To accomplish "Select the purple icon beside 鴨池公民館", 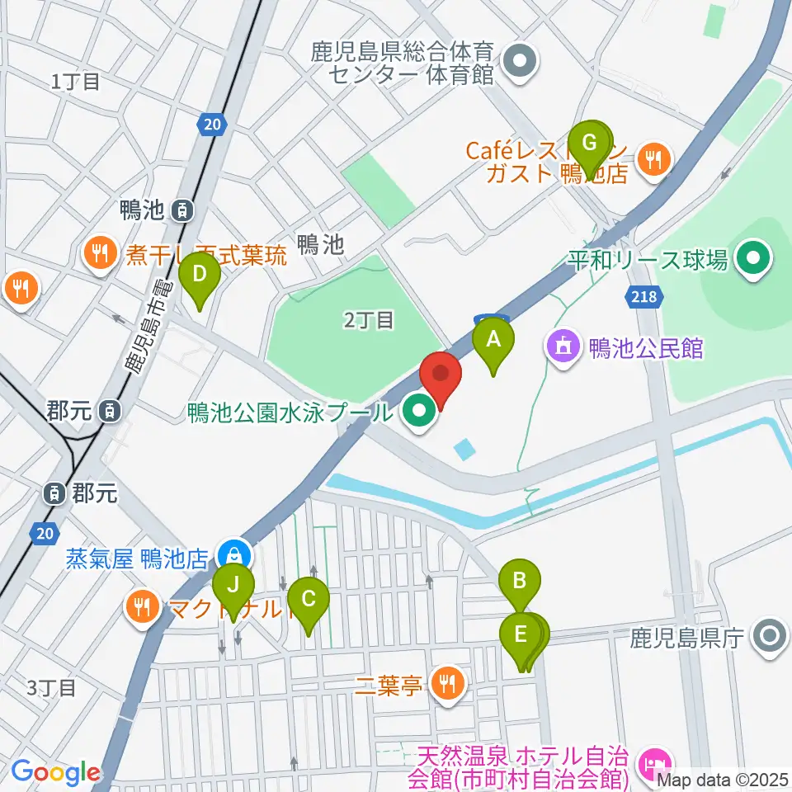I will click(x=563, y=347).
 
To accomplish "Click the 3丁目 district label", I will click(x=52, y=686).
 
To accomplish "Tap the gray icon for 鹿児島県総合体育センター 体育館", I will click(x=520, y=63).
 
